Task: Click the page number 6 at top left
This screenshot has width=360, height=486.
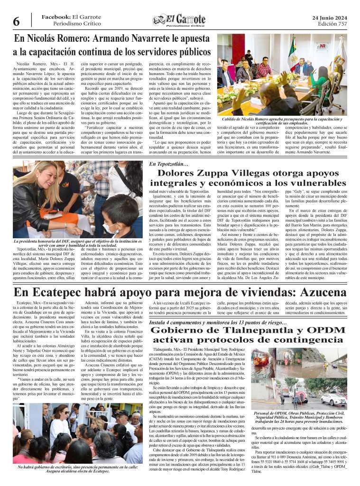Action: click(x=16, y=21)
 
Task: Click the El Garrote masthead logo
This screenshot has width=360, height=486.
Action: click(x=180, y=19)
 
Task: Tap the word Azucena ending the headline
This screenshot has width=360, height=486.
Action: click(x=316, y=291)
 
